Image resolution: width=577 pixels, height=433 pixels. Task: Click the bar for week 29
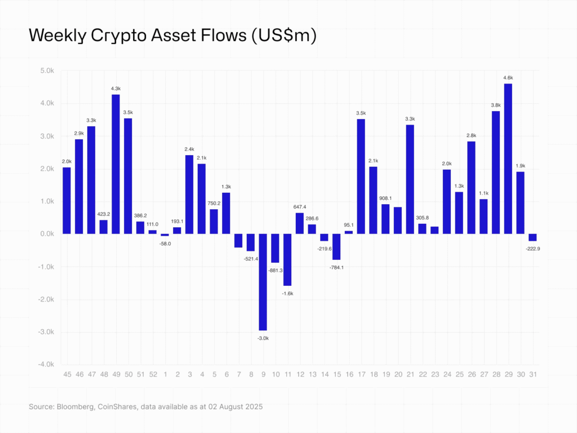click(508, 158)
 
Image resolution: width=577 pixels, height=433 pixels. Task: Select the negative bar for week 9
click(263, 282)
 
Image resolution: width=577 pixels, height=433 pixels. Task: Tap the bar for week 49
click(116, 164)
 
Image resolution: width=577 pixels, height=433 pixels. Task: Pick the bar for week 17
click(361, 176)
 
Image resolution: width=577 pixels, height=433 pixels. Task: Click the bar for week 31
click(532, 237)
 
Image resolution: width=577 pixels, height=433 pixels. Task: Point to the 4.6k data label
click(508, 77)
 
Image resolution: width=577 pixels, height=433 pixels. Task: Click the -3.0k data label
click(263, 338)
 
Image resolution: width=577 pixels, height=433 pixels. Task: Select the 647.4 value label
click(300, 206)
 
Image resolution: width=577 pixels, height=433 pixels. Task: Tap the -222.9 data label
click(532, 248)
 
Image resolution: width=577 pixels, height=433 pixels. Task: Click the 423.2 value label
click(103, 214)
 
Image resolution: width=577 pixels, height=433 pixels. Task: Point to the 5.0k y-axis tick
click(46, 71)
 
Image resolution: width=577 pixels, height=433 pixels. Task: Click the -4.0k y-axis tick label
click(45, 365)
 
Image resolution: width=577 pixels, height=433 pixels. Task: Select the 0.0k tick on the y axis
click(46, 234)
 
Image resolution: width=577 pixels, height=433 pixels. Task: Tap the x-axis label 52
click(153, 374)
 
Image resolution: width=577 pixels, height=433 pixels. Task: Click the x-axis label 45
click(66, 374)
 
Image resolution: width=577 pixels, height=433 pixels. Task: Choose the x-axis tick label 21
click(410, 374)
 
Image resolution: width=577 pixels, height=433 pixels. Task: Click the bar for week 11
click(287, 260)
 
